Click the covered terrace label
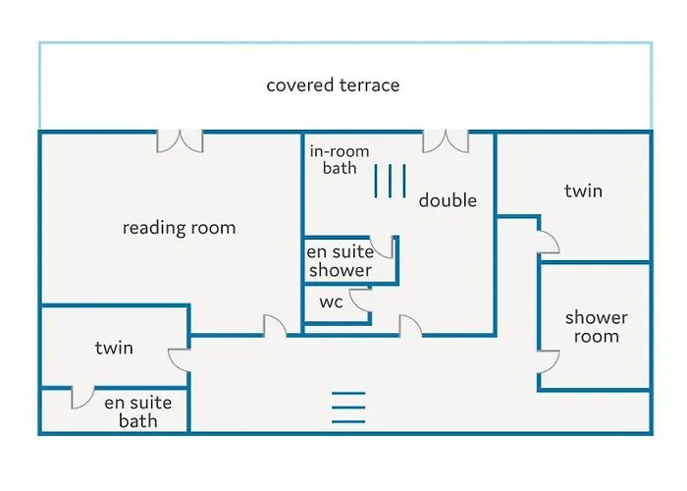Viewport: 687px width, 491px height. point(333,85)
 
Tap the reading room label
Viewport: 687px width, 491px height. point(179,228)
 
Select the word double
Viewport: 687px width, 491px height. point(448,200)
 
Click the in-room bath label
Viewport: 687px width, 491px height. point(333,159)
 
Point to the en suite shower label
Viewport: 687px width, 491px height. point(340,261)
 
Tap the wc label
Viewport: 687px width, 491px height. point(331,301)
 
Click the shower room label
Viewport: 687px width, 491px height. point(596,327)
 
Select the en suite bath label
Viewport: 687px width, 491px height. point(137,411)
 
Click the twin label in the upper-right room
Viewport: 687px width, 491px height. point(583,191)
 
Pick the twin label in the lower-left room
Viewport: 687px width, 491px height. point(114,348)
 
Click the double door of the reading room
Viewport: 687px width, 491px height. point(181,141)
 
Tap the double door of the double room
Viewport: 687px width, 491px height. point(446,141)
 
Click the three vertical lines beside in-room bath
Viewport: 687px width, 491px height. point(390,182)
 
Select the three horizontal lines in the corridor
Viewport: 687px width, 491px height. point(347,405)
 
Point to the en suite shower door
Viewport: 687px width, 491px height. point(386,246)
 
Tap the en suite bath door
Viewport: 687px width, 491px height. point(83,398)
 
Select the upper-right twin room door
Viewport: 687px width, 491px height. point(548,237)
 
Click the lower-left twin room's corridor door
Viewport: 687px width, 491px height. point(180,358)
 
